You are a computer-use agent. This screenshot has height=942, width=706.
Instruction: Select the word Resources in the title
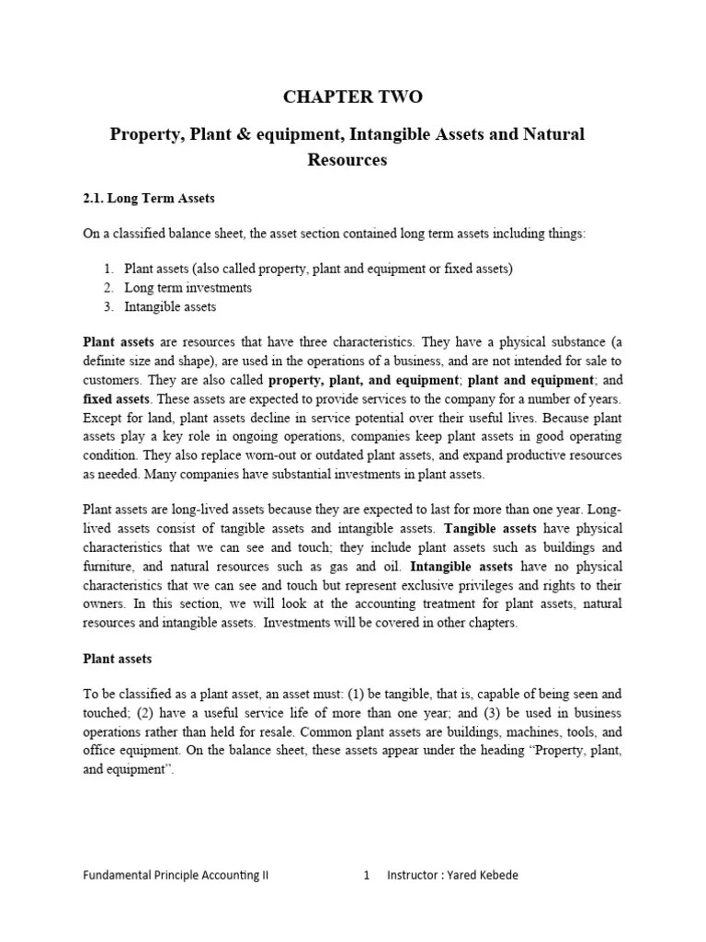(x=347, y=160)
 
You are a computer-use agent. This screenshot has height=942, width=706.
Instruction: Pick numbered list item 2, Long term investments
(x=188, y=288)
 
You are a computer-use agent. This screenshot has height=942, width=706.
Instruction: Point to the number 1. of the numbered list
(x=108, y=269)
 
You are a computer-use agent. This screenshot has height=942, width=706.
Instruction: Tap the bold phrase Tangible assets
(x=490, y=528)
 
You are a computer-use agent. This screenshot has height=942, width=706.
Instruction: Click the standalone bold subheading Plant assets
(x=117, y=659)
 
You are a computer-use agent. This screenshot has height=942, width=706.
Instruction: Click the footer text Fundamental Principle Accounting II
(x=176, y=875)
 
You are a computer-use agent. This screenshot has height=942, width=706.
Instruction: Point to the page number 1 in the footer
(x=366, y=875)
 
